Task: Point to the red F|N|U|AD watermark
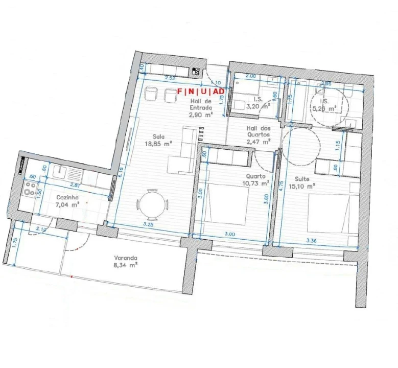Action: (x=201, y=91)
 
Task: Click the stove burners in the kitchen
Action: (x=27, y=191)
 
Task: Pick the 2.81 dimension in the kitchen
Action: (x=74, y=185)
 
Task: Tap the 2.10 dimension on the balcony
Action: (x=41, y=230)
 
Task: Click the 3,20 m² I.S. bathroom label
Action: (x=254, y=104)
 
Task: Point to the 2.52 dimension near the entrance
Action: (x=170, y=78)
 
